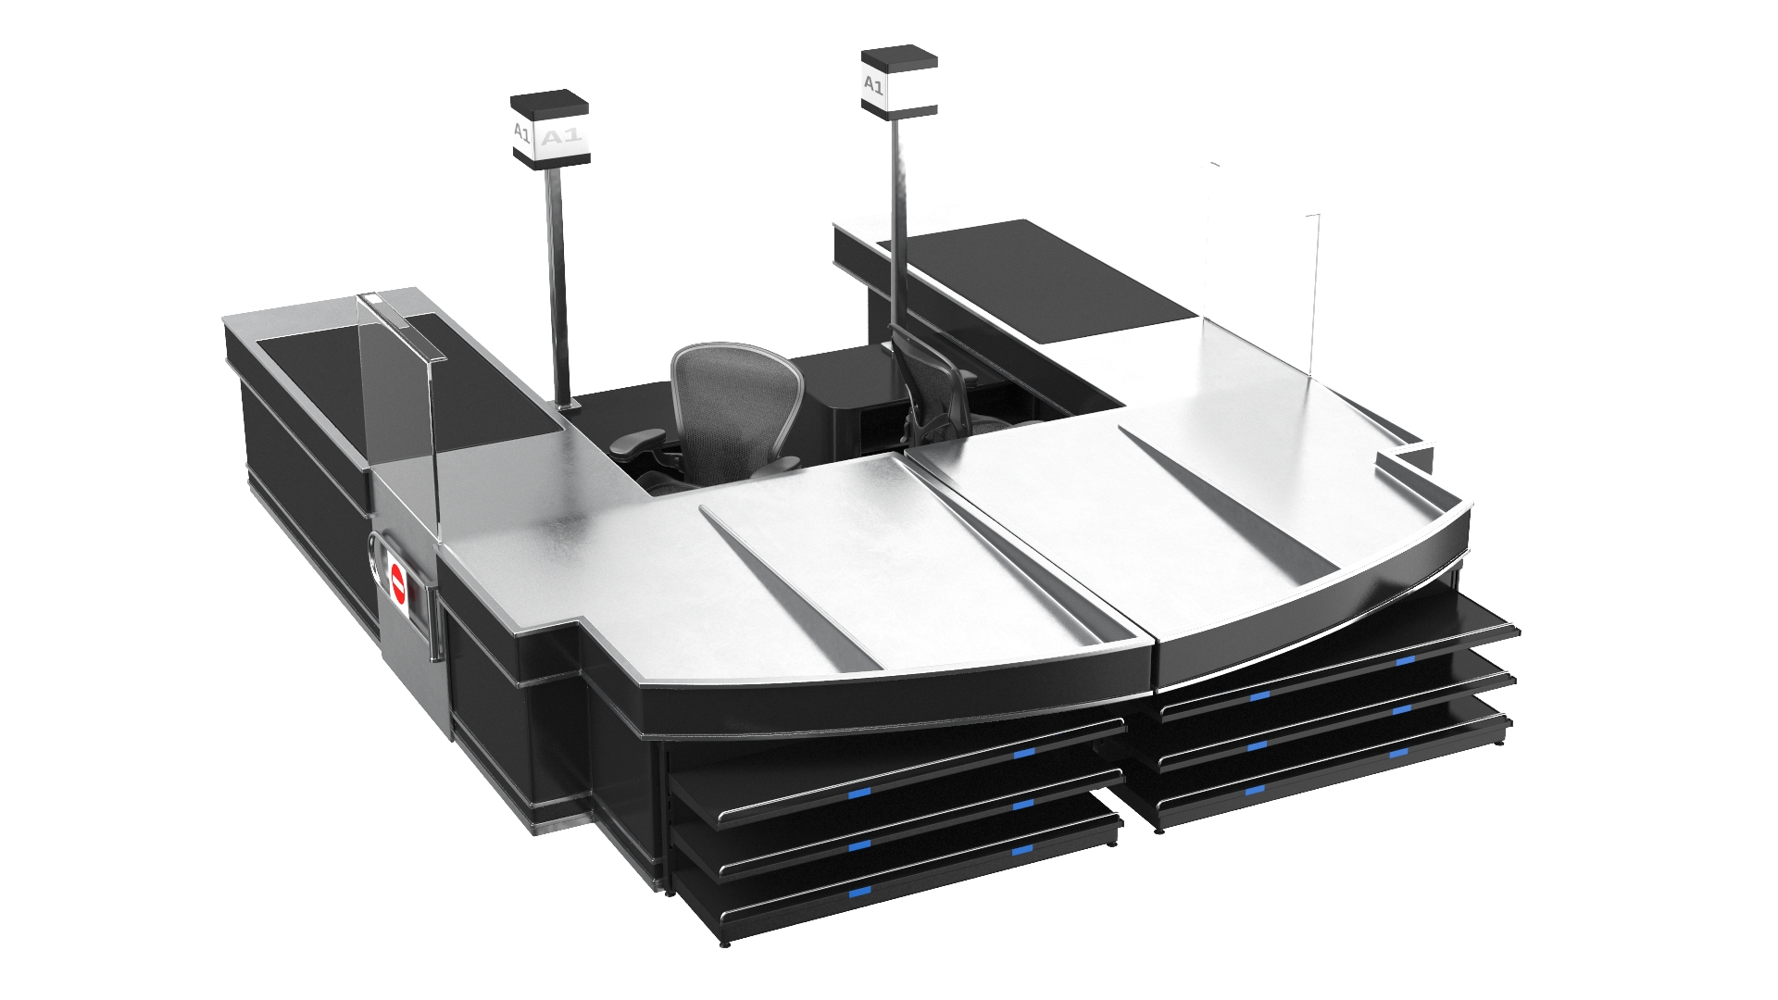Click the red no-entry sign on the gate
(x=399, y=584)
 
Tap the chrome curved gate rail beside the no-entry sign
(x=374, y=569)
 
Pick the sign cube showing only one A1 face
(x=898, y=82)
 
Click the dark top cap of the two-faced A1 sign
(x=550, y=100)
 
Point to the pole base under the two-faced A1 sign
(x=566, y=405)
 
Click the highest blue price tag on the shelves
(x=1406, y=660)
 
